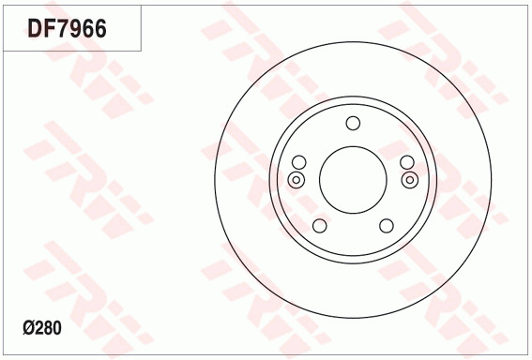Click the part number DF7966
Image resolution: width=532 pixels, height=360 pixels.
68,28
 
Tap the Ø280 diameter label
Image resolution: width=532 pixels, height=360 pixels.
42,328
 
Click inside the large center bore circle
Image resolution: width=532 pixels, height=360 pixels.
353,180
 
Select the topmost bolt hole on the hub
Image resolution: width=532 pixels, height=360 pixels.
353,123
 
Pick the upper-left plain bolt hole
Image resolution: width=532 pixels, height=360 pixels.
299,162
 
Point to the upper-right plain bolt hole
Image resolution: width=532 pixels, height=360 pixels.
407,162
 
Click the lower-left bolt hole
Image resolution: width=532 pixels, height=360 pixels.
319,226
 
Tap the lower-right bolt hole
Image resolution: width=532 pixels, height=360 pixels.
387,226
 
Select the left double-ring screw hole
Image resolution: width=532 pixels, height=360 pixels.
296,180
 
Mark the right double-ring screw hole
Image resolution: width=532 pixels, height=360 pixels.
410,180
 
